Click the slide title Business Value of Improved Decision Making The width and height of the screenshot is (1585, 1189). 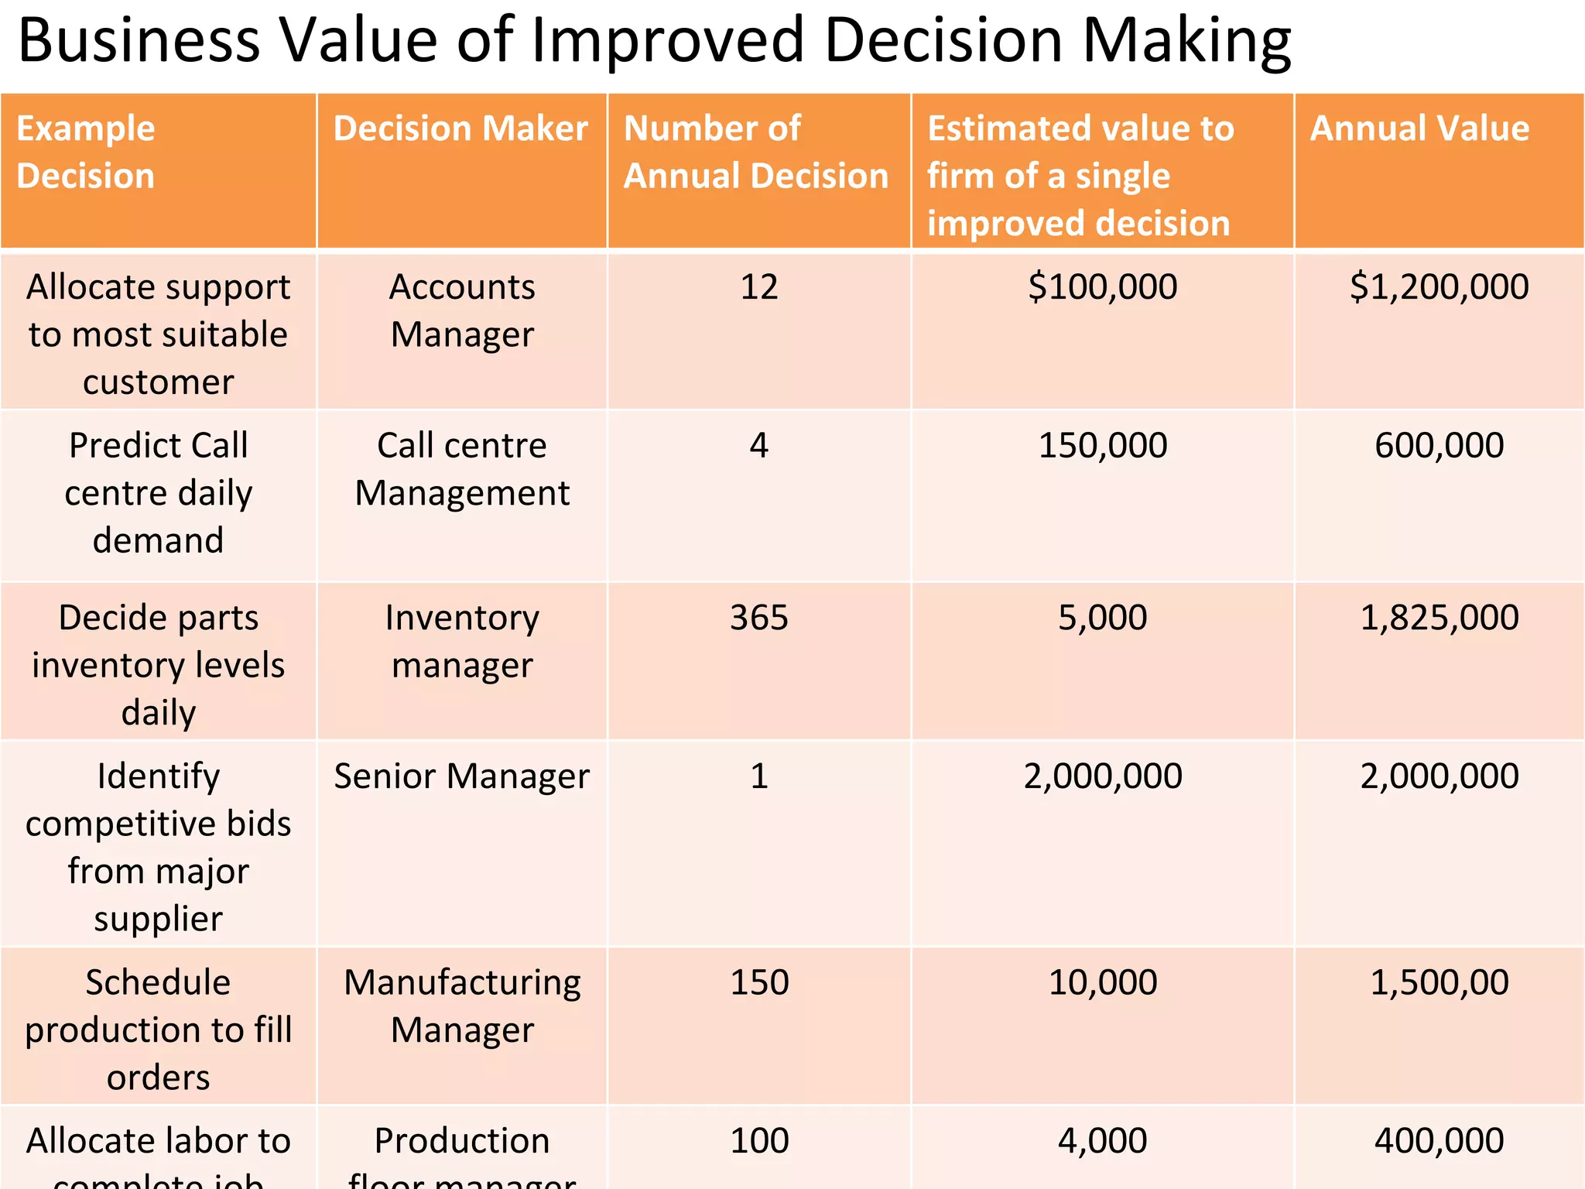tap(654, 40)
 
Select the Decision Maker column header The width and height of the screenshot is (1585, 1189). tap(460, 128)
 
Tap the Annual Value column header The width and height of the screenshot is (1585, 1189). tap(1419, 128)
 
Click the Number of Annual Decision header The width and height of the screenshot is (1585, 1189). tap(755, 152)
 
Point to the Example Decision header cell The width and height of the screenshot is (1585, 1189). tap(86, 152)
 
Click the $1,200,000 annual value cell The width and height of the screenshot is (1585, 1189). tap(1439, 287)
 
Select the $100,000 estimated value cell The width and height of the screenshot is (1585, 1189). tap(1102, 287)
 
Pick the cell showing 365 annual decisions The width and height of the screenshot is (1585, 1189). tap(758, 618)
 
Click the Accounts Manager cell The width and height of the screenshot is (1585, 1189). tap(462, 310)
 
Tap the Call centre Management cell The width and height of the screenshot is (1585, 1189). tap(462, 469)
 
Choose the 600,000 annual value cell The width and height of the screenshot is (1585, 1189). tap(1439, 446)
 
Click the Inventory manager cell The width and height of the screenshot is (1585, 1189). tap(462, 641)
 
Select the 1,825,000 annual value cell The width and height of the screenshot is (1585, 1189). tap(1439, 618)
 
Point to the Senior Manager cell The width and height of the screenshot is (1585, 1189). tap(462, 776)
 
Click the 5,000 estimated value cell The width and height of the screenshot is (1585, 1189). tap(1102, 618)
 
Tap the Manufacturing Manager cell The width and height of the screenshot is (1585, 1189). tap(462, 1006)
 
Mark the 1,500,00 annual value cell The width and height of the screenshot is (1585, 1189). tap(1439, 982)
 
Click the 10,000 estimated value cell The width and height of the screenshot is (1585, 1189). tap(1102, 982)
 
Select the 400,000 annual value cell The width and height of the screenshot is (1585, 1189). tap(1439, 1141)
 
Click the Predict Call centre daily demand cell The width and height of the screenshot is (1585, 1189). tap(158, 492)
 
